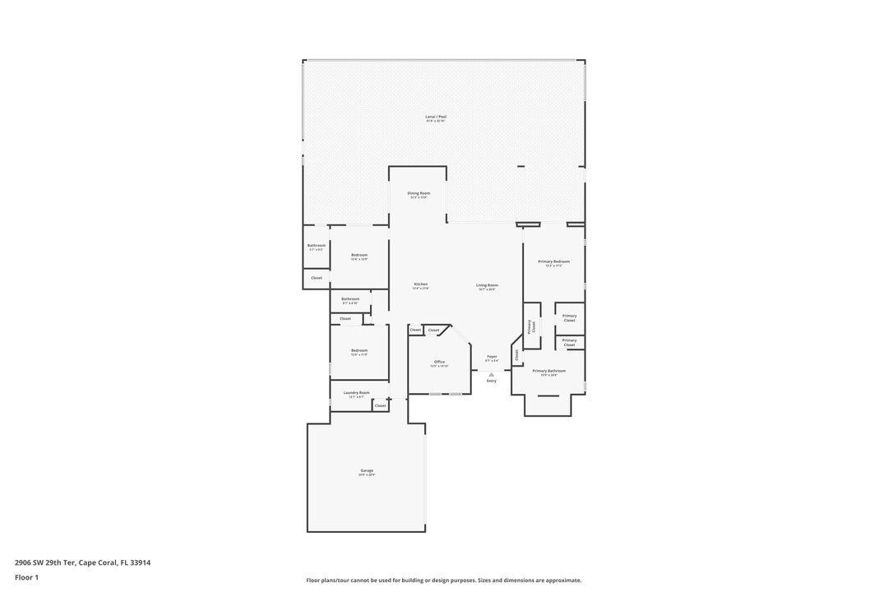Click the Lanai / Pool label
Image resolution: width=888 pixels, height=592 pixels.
436,117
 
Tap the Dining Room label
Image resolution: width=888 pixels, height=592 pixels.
419,193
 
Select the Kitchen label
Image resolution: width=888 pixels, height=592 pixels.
420,284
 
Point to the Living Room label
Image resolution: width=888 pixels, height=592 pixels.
487,285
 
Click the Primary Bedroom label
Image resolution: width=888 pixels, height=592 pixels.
553,261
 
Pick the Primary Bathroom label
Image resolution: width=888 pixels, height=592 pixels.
548,371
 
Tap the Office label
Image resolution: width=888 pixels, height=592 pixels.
439,362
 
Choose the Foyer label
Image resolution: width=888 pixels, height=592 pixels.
492,357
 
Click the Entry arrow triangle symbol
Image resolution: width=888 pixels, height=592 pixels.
492,374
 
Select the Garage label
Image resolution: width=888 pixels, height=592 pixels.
367,471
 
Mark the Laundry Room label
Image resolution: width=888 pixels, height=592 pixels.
356,393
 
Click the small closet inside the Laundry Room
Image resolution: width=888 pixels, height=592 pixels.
380,405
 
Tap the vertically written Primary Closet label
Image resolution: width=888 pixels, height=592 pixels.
532,326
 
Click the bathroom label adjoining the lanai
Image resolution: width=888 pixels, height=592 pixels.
317,246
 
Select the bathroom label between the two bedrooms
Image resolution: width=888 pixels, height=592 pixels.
350,299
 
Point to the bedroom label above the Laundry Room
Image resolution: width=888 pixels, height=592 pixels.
358,350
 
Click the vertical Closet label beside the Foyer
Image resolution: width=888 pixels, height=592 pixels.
517,354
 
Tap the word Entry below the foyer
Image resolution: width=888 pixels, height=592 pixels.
492,381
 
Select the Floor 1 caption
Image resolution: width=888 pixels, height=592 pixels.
26,577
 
